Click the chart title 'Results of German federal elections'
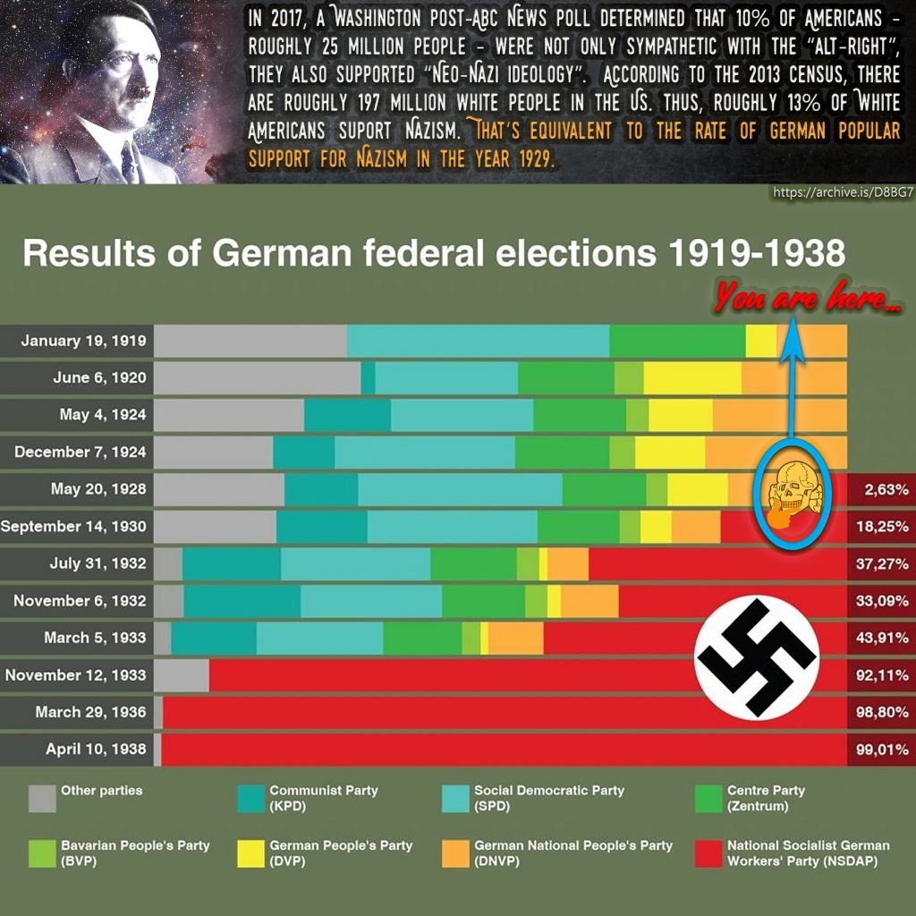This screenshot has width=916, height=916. pyautogui.click(x=433, y=254)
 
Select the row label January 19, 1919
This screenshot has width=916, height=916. pyautogui.click(x=83, y=341)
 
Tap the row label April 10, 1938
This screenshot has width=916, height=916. pyautogui.click(x=96, y=749)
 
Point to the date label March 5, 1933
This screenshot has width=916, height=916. pyautogui.click(x=95, y=638)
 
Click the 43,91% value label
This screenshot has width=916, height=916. pyautogui.click(x=882, y=638)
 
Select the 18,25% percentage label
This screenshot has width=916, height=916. pyautogui.click(x=882, y=527)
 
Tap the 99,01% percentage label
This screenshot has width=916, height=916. pyautogui.click(x=882, y=750)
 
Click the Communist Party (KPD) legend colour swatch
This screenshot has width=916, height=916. pyautogui.click(x=250, y=798)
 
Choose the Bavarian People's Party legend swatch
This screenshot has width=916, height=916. pyautogui.click(x=42, y=853)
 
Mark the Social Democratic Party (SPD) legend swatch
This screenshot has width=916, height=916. pyautogui.click(x=455, y=798)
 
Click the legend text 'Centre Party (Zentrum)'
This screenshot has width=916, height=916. pyautogui.click(x=766, y=798)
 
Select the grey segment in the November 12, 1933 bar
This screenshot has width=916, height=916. pyautogui.click(x=182, y=675)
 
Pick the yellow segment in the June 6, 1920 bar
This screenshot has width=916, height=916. pyautogui.click(x=691, y=377)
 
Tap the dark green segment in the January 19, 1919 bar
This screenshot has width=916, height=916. pyautogui.click(x=677, y=341)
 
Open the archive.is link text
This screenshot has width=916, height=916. pyautogui.click(x=842, y=192)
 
